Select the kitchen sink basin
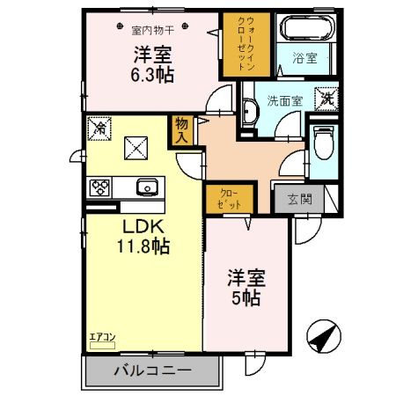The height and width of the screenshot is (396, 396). [146, 187]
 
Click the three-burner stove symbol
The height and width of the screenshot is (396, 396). [99, 187]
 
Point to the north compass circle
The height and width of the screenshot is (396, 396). [322, 338]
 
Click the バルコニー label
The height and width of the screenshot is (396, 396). [151, 370]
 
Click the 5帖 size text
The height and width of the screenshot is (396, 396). [246, 297]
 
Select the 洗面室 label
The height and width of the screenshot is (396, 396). [285, 100]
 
